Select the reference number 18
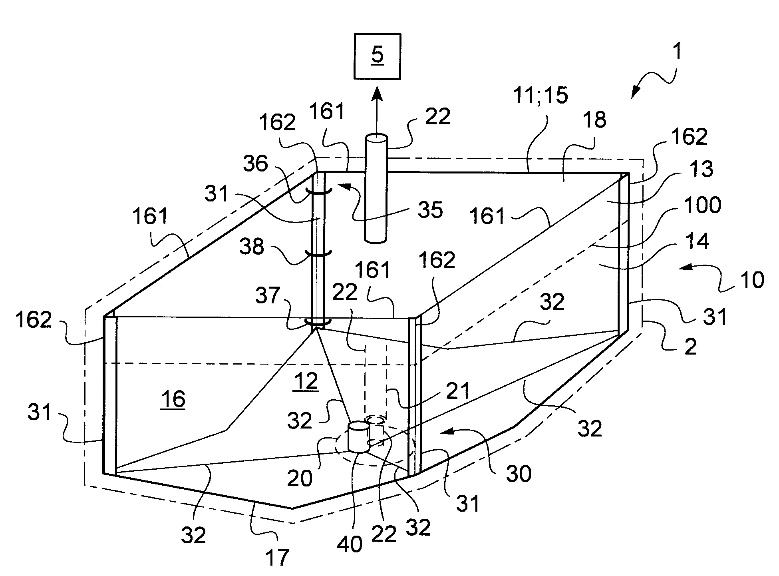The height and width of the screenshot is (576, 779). [594, 120]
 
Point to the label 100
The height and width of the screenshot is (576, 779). [702, 205]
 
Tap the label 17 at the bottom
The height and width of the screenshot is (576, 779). [277, 557]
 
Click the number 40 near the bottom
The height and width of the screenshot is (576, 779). [350, 544]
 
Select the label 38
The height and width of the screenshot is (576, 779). [252, 247]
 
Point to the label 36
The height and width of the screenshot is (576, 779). [256, 163]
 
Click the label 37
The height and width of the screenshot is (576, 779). [268, 296]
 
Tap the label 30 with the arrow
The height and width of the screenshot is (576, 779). [519, 474]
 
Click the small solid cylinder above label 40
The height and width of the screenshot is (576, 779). [359, 437]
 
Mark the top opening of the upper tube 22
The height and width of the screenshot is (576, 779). [376, 138]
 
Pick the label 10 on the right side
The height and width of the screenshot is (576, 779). [752, 280]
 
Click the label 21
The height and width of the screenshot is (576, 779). [457, 391]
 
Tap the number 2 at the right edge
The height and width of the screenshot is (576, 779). [690, 346]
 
